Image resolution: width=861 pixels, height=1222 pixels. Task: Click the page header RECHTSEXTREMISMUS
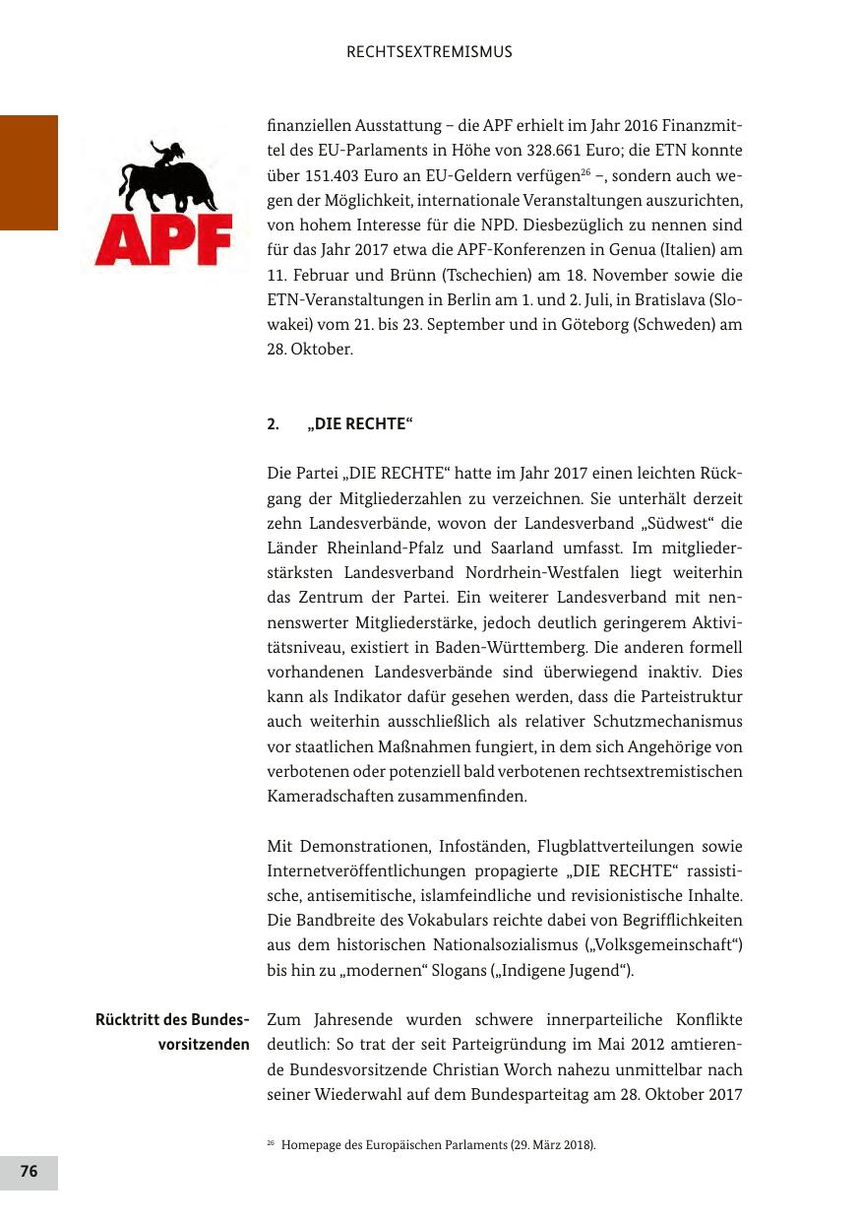pyautogui.click(x=429, y=52)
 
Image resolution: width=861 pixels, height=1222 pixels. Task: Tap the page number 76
pyautogui.click(x=29, y=1171)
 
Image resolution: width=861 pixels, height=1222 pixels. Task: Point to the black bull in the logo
pyautogui.click(x=165, y=178)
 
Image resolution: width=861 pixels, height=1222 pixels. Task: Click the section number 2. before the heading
pyautogui.click(x=273, y=424)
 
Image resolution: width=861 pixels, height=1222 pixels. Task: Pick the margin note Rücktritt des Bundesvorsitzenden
pyautogui.click(x=172, y=1030)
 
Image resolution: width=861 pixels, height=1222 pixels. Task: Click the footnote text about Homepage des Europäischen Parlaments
pyautogui.click(x=437, y=1145)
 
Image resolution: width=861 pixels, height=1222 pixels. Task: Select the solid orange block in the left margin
pyautogui.click(x=29, y=172)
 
